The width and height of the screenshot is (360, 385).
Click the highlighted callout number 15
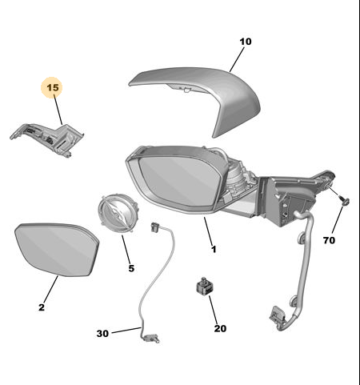click(x=53, y=87)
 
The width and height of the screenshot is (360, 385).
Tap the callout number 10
click(x=246, y=42)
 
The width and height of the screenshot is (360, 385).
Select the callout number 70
click(x=329, y=240)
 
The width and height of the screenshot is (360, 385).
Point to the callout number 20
click(x=220, y=328)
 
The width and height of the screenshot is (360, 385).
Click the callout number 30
click(x=102, y=334)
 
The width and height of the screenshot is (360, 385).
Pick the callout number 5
click(x=131, y=268)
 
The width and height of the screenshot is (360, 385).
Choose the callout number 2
click(x=42, y=307)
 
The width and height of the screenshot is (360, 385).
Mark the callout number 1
click(x=214, y=249)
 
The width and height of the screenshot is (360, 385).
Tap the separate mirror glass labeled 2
click(x=57, y=250)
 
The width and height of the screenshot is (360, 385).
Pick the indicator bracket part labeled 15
click(x=48, y=138)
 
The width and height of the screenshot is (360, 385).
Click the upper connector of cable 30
click(x=154, y=227)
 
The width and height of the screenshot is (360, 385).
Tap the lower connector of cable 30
click(x=151, y=339)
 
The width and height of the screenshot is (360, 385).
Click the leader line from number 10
click(x=237, y=59)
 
